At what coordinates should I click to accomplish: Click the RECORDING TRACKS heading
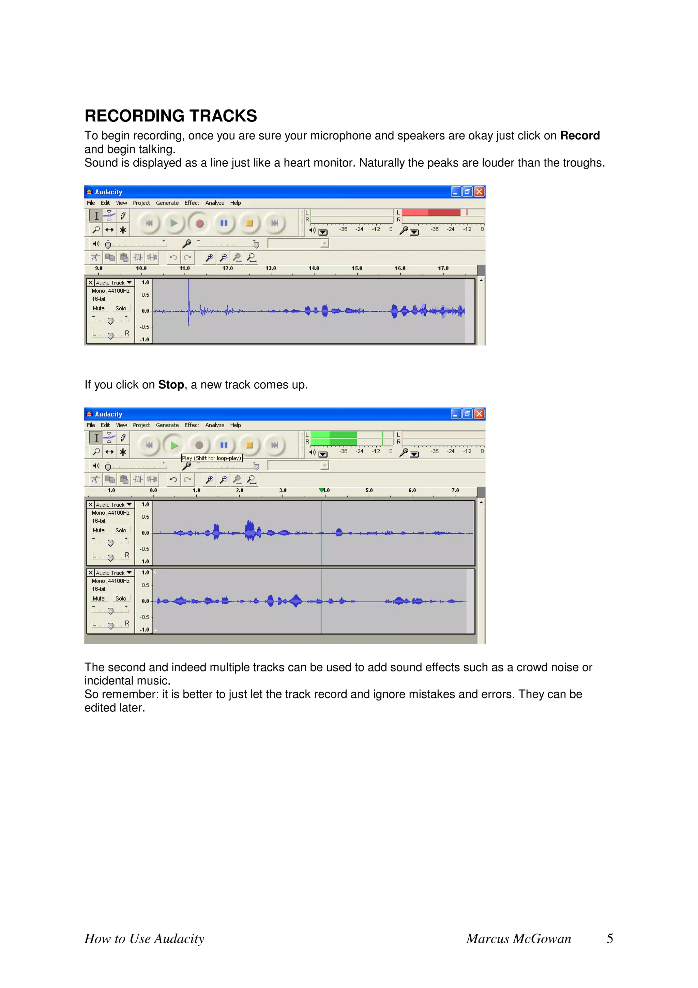pos(170,116)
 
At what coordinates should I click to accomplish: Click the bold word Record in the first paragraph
pos(579,135)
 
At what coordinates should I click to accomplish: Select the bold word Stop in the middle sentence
pos(171,385)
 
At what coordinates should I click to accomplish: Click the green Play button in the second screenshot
pos(174,445)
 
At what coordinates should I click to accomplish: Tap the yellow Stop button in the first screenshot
pos(249,223)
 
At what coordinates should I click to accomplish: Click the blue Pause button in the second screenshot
pos(224,445)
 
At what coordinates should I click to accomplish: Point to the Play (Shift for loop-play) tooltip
pos(212,458)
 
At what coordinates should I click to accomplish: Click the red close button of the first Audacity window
pos(479,192)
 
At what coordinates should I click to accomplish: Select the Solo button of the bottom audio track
pos(121,599)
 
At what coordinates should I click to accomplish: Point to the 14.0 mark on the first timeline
pos(314,268)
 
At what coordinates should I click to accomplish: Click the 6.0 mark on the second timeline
pos(412,490)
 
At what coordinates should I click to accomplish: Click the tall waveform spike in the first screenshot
pos(188,301)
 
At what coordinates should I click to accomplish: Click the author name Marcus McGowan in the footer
pos(519,939)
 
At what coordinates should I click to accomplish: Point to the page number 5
pos(609,939)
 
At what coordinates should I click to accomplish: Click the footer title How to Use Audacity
pos(145,939)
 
